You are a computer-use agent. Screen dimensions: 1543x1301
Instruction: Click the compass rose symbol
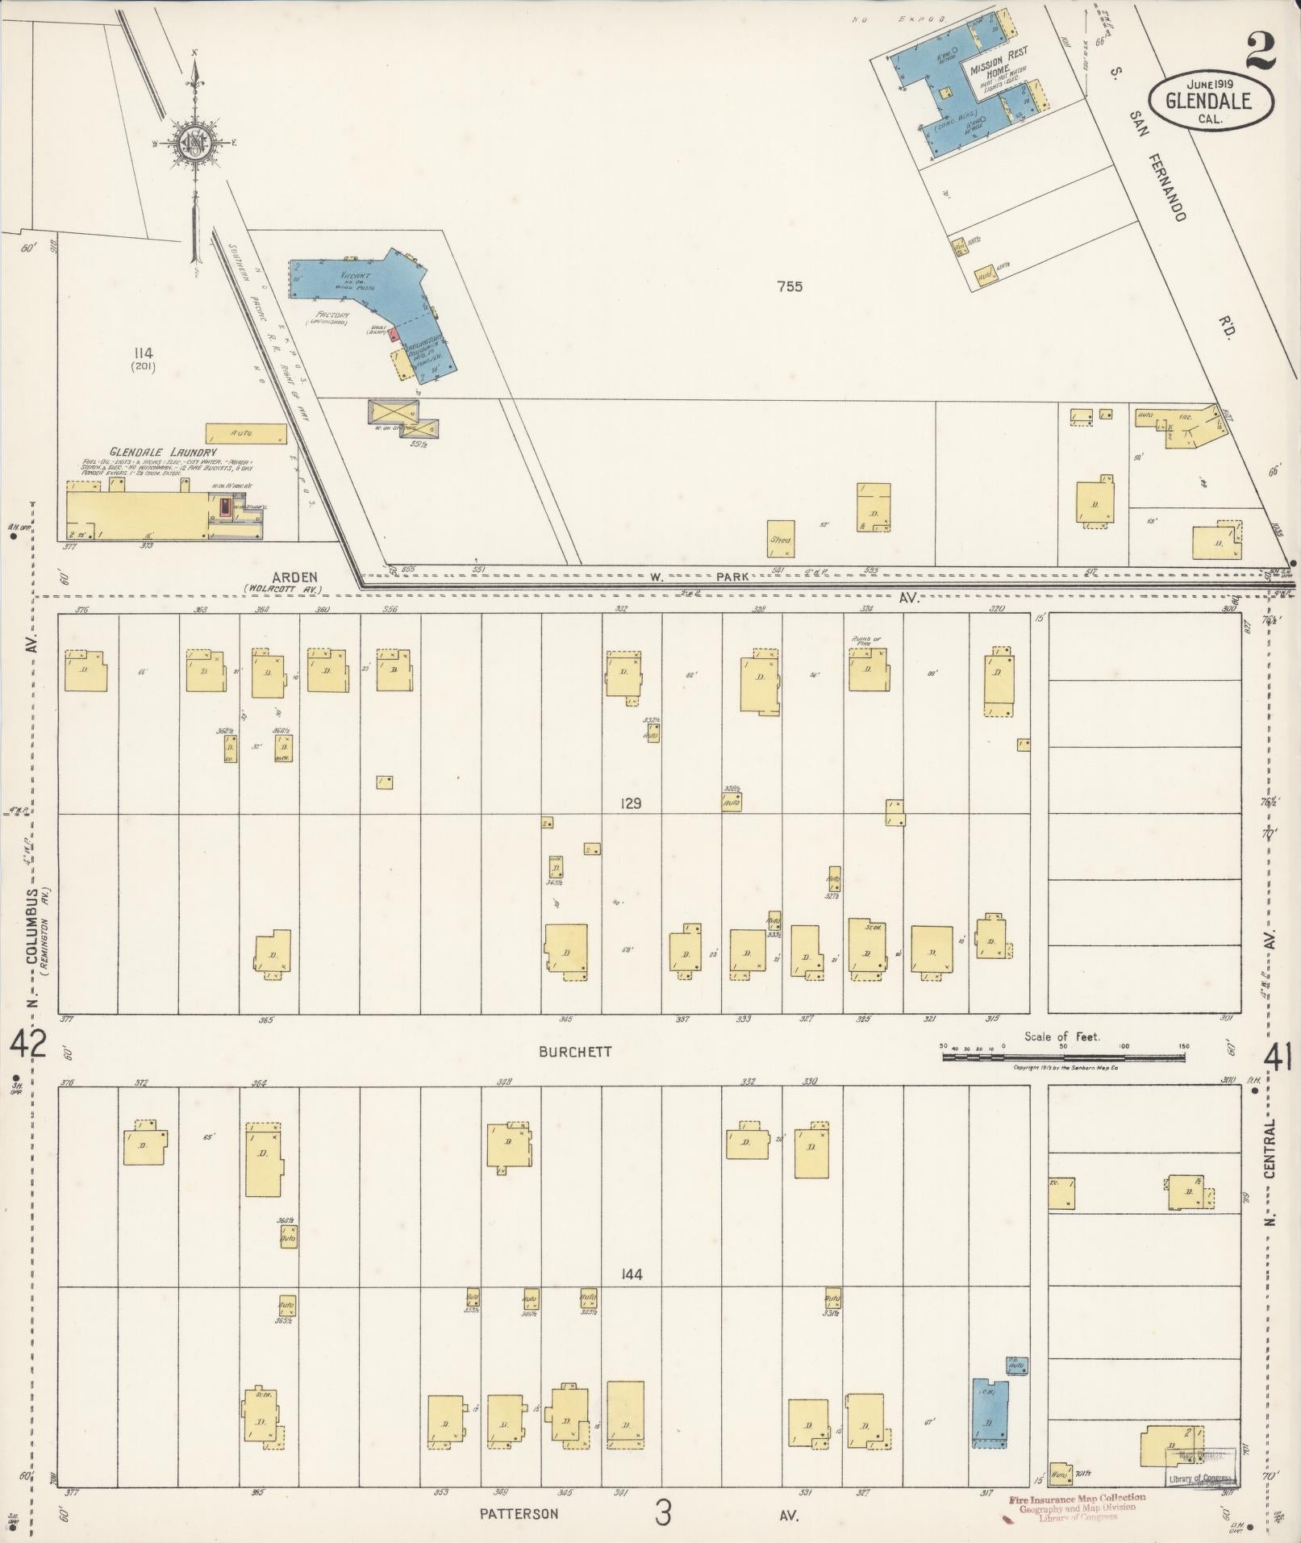[195, 144]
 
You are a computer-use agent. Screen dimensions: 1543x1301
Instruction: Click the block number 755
[789, 286]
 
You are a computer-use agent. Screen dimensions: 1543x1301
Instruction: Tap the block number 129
[631, 803]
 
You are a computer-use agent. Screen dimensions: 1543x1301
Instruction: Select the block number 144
[631, 1275]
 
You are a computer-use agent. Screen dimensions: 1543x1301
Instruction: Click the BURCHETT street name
[577, 1052]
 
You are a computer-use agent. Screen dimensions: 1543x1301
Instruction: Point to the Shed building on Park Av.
[780, 540]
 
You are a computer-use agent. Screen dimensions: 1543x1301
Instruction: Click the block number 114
[144, 352]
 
